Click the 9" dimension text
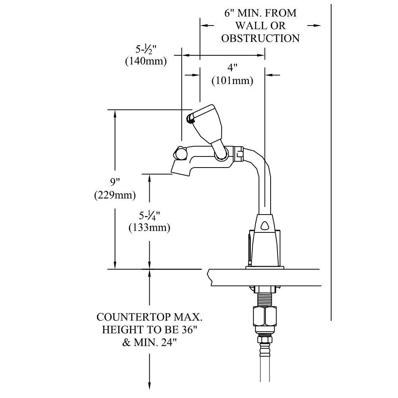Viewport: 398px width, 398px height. pos(115,182)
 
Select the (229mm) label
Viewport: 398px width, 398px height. pos(115,195)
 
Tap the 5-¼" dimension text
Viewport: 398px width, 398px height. pos(150,215)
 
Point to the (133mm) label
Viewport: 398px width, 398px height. pos(149,228)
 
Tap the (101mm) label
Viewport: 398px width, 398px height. pos(232,80)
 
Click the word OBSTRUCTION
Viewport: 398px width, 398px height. pos(260,38)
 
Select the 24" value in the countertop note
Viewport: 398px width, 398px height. pos(166,342)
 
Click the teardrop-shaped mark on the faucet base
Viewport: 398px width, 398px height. pos(265,226)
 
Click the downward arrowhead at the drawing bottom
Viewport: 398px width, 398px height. pos(150,385)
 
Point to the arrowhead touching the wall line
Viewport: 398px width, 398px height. pos(316,25)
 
